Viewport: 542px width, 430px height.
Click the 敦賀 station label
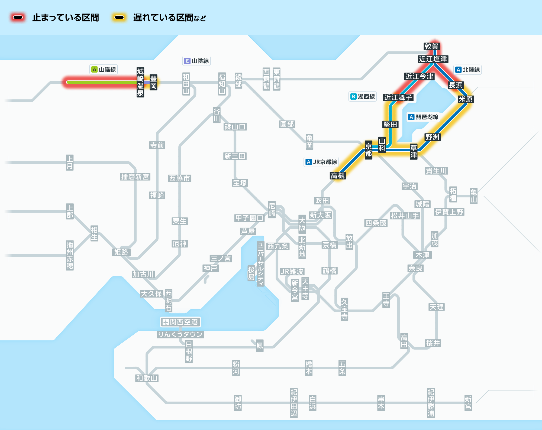431,46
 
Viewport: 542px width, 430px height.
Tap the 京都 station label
368,150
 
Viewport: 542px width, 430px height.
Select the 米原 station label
465,99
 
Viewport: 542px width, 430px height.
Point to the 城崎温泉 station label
140,82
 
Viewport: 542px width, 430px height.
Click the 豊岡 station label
153,82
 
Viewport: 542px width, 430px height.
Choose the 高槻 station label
337,175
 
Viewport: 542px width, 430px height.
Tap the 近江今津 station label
419,76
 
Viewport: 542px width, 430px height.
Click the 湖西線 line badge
363,96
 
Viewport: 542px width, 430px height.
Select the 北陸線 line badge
467,70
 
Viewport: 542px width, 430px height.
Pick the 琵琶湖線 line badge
423,117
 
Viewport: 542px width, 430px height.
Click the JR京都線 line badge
321,162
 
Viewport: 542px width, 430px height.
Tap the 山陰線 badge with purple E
196,61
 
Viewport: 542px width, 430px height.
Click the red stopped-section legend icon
18,18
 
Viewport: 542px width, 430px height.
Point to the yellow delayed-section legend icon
119,18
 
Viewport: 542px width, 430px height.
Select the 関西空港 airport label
180,322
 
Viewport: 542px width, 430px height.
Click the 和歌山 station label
147,378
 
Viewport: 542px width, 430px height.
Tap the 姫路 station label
121,252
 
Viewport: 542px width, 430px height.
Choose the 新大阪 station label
320,215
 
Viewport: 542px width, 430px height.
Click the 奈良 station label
415,268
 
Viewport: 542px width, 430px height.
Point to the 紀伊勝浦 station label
431,403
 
